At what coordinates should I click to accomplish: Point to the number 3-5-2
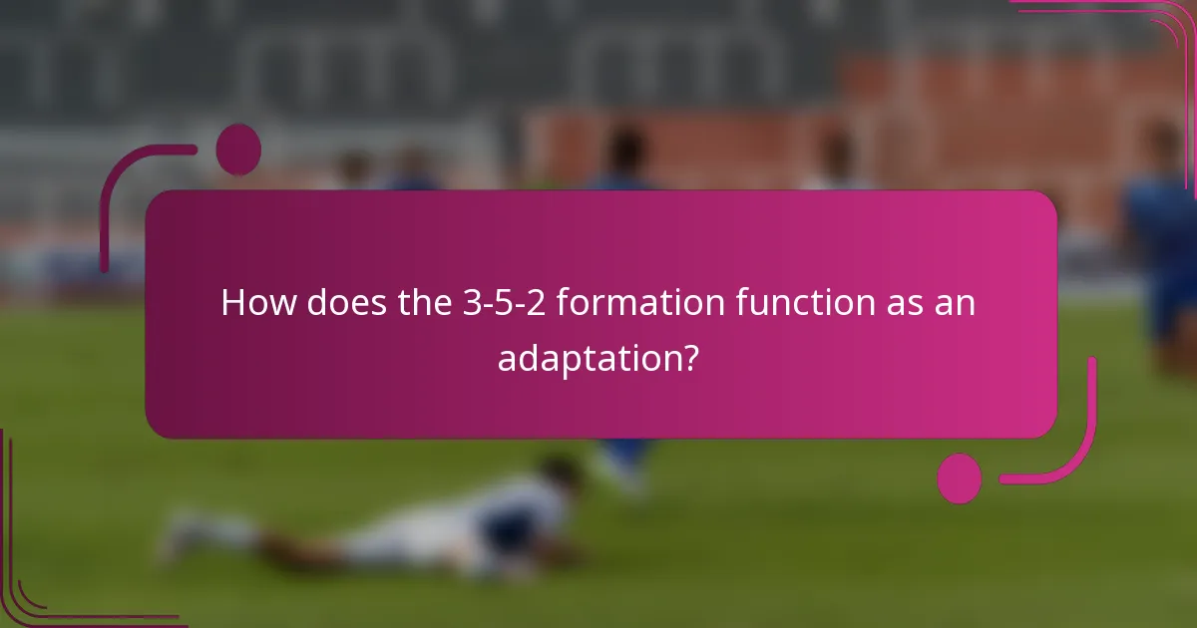tap(505, 302)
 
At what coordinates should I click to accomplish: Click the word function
tap(794, 302)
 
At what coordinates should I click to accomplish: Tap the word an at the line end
tap(955, 302)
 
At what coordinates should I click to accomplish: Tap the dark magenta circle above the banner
tap(238, 149)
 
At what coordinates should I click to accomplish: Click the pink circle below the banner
tap(960, 478)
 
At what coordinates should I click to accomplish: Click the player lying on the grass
tap(399, 528)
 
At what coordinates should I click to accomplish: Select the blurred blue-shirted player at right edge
tap(1162, 249)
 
